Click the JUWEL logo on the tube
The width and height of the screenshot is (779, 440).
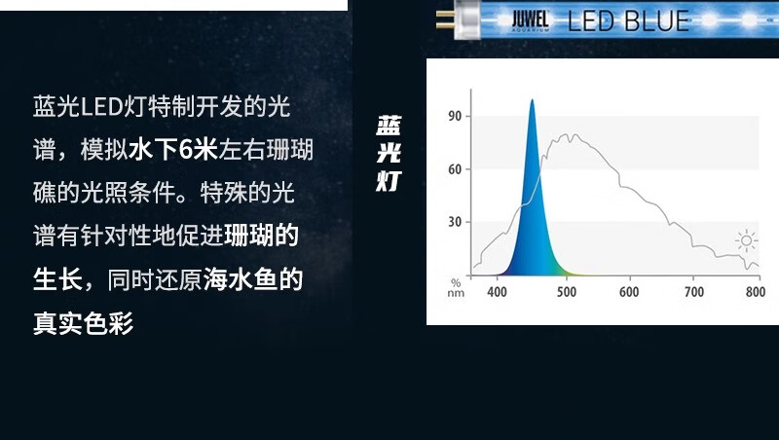click(531, 20)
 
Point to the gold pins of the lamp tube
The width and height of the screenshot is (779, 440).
click(445, 19)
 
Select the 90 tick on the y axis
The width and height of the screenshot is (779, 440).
click(455, 116)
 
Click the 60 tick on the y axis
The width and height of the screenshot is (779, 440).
click(455, 169)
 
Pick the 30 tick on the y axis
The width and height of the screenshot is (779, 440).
click(455, 222)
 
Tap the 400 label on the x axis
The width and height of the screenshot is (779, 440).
click(497, 292)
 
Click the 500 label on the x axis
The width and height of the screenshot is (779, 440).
click(567, 292)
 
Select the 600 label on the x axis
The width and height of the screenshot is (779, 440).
click(629, 292)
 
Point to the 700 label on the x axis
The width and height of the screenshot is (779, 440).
click(694, 292)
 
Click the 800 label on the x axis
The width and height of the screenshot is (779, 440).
click(756, 292)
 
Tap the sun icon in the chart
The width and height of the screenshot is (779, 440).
click(746, 241)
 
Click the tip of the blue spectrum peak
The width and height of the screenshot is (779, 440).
click(532, 99)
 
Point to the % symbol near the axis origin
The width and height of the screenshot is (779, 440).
click(456, 283)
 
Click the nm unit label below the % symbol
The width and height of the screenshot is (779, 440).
click(456, 293)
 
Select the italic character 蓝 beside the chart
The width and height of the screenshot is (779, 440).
click(389, 126)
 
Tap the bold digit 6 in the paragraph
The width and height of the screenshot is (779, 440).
click(186, 149)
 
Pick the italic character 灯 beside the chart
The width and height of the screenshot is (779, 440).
click(389, 181)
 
